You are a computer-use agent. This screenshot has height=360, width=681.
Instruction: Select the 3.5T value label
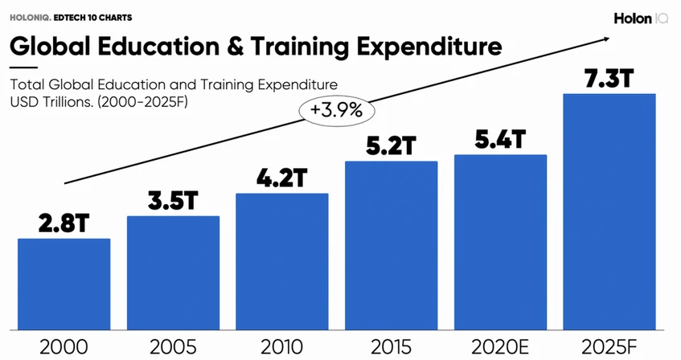point(173,201)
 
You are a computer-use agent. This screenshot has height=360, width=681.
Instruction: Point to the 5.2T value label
point(391,146)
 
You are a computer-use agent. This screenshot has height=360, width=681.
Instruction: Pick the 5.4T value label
point(500,139)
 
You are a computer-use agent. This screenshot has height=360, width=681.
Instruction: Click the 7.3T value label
point(609,80)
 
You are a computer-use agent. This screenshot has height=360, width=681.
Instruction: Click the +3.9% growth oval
point(330,110)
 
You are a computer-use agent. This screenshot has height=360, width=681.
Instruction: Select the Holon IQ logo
point(642,18)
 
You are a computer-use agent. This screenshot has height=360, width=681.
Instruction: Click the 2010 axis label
point(281,347)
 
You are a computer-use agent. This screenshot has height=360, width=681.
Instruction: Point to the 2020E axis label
point(500,347)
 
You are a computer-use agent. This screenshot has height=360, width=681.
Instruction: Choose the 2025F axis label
point(609,347)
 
